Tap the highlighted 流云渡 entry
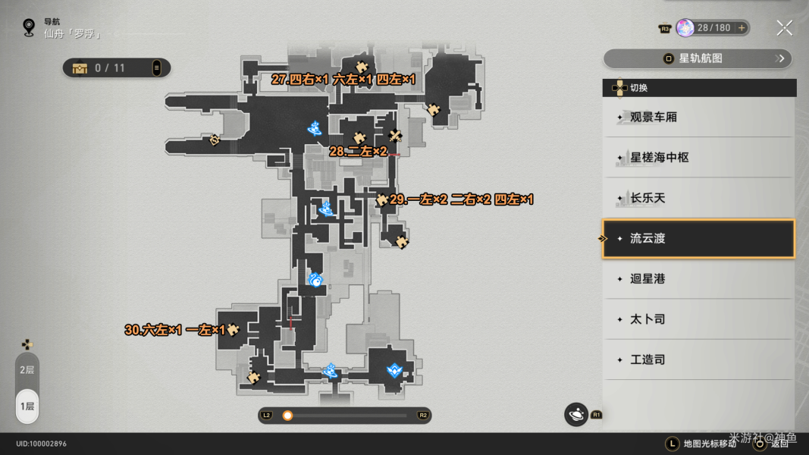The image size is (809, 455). coord(698,238)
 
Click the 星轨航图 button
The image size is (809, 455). coord(698,58)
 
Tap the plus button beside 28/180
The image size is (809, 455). coord(742,28)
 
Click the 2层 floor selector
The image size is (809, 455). coord(27,370)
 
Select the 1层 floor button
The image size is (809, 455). coord(27,406)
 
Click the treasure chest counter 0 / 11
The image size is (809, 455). coord(117,68)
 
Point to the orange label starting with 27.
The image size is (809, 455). coord(343,80)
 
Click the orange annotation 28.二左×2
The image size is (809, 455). coord(358,152)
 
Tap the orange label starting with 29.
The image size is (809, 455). coord(461,199)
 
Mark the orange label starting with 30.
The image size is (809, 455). coord(175,330)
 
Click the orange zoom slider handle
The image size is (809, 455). coord(287,416)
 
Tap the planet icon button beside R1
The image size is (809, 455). coord(576,415)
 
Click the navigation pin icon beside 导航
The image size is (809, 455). coord(29,27)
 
